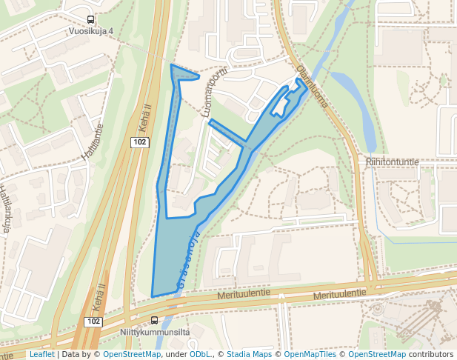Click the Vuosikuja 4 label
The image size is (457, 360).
[x=91, y=31]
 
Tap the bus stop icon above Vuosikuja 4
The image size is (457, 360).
[x=90, y=20]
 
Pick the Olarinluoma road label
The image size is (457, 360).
[x=312, y=88]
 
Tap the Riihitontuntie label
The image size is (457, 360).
[x=393, y=161]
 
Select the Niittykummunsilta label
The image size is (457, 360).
[x=156, y=333]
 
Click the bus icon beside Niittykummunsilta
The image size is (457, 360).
[x=154, y=321]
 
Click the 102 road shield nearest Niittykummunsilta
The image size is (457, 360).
[x=93, y=321]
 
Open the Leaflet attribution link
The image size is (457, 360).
[x=41, y=354]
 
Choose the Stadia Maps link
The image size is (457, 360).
[x=248, y=354]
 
